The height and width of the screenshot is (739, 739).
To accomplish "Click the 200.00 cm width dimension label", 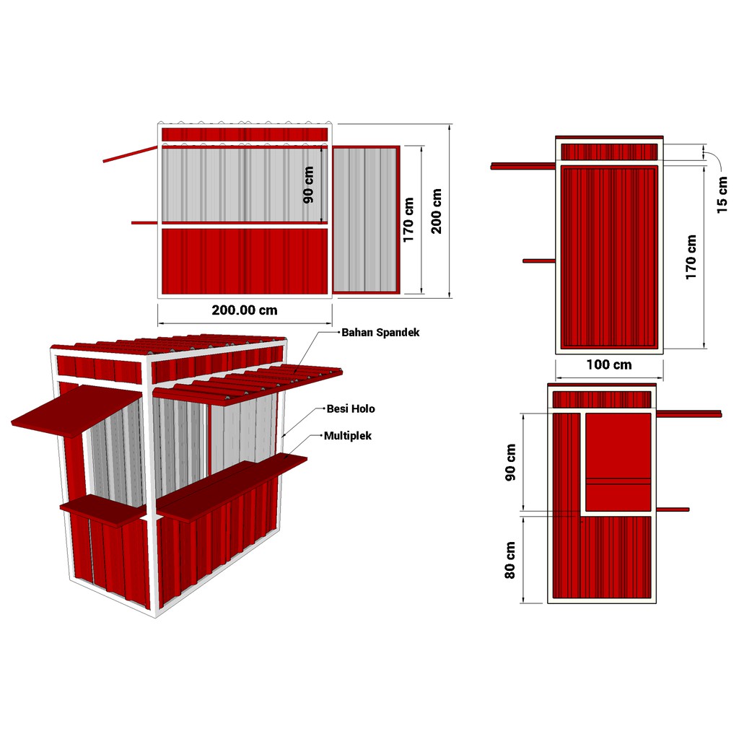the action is tap(245, 310).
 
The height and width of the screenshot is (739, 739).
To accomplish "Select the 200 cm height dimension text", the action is tap(437, 211).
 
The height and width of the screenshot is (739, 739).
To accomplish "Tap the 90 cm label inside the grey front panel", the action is tap(308, 185).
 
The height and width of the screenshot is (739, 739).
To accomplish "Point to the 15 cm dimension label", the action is tap(722, 195).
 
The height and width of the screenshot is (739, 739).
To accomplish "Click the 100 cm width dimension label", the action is tap(609, 364).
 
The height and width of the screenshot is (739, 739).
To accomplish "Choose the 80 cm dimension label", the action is tap(510, 560).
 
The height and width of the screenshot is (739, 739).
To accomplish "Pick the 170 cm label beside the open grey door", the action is tap(408, 220).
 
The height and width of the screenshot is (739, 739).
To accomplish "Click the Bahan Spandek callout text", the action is tap(380, 332).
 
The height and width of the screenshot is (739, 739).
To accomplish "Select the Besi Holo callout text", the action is tap(351, 408).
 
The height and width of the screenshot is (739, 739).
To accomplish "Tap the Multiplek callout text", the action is tap(348, 436).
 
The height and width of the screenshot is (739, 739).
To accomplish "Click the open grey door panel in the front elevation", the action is tap(366, 219).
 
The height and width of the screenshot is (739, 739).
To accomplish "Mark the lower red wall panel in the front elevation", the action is tap(245, 261).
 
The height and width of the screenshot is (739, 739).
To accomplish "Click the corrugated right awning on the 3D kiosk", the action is tap(248, 382).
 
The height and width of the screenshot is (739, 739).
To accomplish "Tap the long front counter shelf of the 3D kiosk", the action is tap(232, 487).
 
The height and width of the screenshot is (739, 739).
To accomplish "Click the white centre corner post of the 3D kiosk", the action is tap(151, 486).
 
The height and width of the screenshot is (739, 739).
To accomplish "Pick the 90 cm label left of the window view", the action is tap(510, 462).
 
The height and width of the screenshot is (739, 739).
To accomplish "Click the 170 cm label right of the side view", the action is tap(691, 258).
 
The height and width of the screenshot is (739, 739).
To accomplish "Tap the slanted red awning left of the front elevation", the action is tap(130, 154).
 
